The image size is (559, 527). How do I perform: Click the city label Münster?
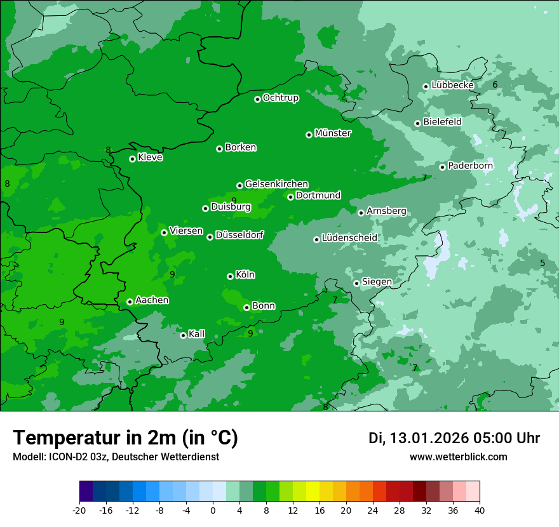click(x=333, y=133)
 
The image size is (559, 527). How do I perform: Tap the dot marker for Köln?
click(x=230, y=276)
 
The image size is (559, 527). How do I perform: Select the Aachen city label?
click(x=152, y=300)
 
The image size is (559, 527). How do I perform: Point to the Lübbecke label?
click(x=452, y=85)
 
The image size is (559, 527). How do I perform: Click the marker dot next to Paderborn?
click(x=442, y=167)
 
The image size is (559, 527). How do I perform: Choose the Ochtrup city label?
click(x=280, y=98)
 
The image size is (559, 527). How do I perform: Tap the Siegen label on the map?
click(x=377, y=282)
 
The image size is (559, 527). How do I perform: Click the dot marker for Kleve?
click(x=132, y=159)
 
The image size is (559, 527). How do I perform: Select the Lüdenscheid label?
click(x=349, y=238)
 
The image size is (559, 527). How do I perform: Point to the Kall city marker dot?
click(x=183, y=335)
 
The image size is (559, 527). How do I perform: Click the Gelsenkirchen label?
click(x=276, y=184)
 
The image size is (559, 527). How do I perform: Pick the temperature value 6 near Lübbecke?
click(x=495, y=84)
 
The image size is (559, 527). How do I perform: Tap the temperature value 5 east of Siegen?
click(x=542, y=263)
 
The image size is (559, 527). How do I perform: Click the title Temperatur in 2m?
click(x=125, y=438)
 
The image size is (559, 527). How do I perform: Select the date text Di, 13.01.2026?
click(x=418, y=438)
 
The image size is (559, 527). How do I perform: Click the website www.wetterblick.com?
click(x=458, y=457)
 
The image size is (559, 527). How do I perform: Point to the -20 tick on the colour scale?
click(x=79, y=510)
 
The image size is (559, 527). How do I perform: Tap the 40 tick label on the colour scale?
click(x=480, y=510)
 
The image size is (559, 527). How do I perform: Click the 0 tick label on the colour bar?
click(x=213, y=510)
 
